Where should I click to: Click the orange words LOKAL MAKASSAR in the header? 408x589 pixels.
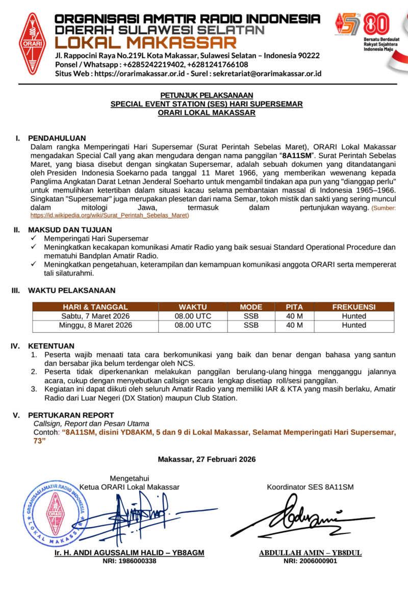click(146, 42)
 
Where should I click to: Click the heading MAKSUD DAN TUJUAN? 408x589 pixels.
click(70, 230)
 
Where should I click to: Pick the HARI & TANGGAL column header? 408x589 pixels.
click(95, 307)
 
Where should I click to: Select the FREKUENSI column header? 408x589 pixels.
click(353, 307)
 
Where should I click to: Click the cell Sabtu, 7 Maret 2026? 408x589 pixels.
click(95, 316)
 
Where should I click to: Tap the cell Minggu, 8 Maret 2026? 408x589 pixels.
click(95, 325)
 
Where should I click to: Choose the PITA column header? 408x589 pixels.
click(294, 307)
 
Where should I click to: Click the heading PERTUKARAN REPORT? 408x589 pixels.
click(71, 415)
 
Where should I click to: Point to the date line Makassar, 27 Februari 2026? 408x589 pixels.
click(207, 459)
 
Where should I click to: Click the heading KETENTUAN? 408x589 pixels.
click(51, 346)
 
